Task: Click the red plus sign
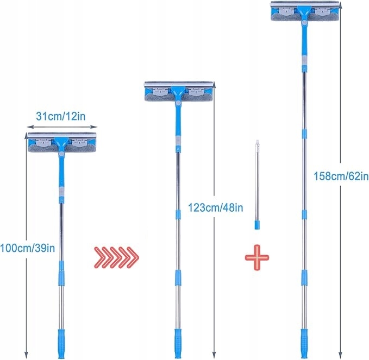coord(257,258)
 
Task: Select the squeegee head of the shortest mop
coord(61,140)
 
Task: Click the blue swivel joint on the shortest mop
coord(61,156)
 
